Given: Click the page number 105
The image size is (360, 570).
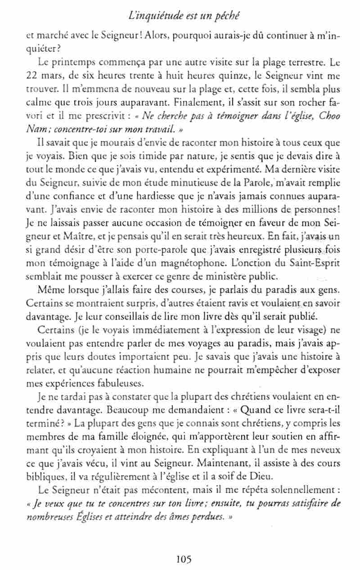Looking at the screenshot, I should [x=184, y=559].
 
